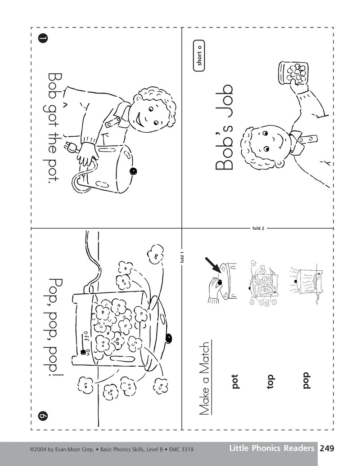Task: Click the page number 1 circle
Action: [x=43, y=38]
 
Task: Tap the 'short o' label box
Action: [x=199, y=56]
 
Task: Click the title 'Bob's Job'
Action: [x=224, y=127]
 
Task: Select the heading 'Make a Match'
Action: [x=205, y=378]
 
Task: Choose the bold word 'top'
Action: [x=270, y=381]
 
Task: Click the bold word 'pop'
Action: [x=306, y=381]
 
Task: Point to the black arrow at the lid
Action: [x=213, y=265]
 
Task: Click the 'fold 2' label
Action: [x=258, y=228]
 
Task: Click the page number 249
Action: [x=327, y=448]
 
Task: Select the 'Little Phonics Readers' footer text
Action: [x=272, y=448]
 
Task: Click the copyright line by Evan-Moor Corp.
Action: [x=112, y=450]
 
